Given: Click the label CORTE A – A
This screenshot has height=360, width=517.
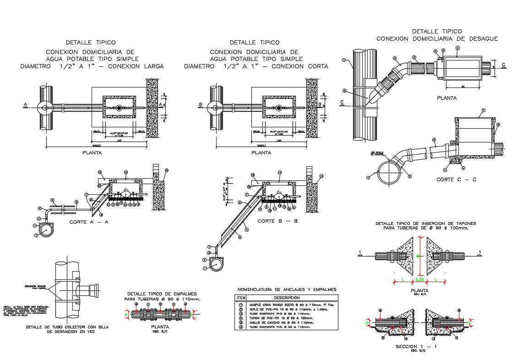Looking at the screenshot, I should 90,222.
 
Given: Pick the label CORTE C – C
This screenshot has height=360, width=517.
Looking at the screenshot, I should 456,180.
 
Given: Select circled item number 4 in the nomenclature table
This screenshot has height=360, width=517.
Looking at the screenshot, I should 240,318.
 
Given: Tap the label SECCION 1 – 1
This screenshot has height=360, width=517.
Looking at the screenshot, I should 416,346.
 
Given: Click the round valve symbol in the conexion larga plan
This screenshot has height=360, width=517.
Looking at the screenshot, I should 119,108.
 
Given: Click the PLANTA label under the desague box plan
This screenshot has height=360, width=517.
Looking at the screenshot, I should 446,98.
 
